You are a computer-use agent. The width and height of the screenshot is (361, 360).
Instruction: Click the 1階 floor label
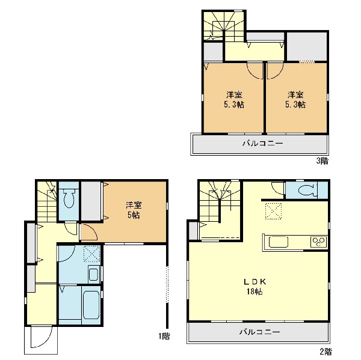pos(164,337)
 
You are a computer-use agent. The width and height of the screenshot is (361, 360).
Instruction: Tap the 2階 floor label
pos(326,352)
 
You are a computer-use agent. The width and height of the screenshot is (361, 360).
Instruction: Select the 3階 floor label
pos(322,160)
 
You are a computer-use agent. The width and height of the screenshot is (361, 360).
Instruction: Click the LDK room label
pos(255,281)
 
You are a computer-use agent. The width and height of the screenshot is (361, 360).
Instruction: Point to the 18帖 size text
pos(255,291)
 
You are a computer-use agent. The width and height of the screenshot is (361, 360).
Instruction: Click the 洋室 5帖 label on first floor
pos(134,210)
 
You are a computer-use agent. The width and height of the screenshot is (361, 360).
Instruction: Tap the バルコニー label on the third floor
pos(263,144)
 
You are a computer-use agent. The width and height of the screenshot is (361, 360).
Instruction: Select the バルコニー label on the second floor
pos(260,332)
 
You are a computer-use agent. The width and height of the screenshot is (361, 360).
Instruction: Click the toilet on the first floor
pos(69,198)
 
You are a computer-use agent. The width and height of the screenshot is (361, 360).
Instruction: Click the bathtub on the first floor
pos(91,305)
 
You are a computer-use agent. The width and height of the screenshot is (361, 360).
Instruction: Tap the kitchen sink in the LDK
pos(279,242)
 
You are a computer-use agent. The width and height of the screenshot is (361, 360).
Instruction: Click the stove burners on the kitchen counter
pos(318,242)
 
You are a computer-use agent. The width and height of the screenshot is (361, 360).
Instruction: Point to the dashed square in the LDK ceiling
pos(273,211)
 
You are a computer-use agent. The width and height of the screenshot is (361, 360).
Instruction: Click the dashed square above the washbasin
pos(92,254)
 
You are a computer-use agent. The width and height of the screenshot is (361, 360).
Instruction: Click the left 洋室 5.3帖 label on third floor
pos(234,100)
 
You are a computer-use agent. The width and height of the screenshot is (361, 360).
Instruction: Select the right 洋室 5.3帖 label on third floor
pos(295,100)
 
